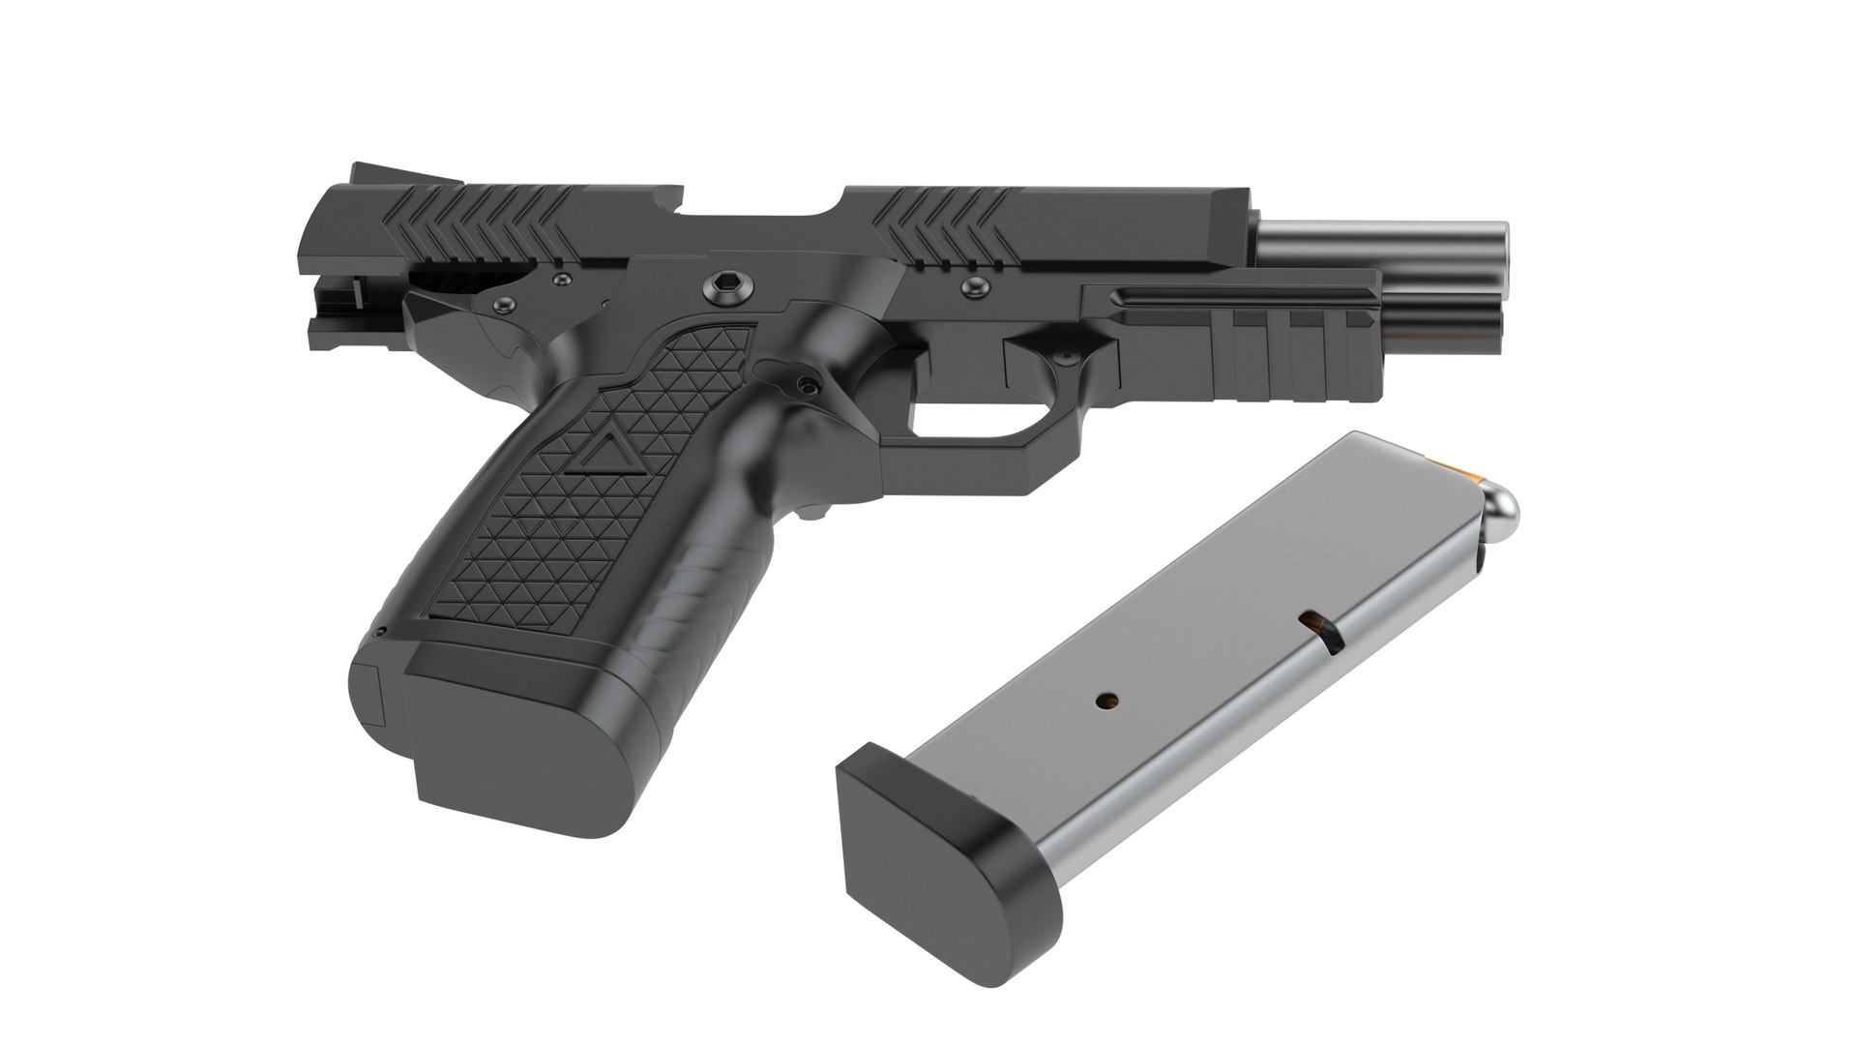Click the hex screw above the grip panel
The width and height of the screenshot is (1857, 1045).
click(726, 284)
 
